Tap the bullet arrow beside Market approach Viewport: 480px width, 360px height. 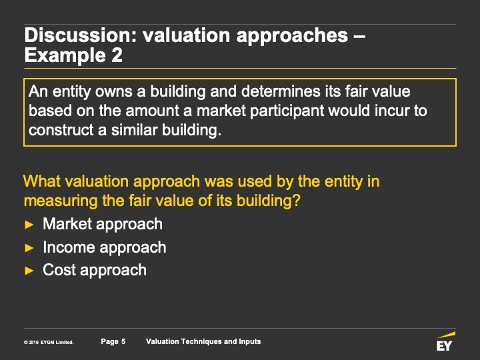[x=29, y=225]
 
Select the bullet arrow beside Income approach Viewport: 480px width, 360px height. [x=29, y=247]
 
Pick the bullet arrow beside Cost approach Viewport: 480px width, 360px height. [x=29, y=271]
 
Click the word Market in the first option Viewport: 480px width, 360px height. [x=67, y=224]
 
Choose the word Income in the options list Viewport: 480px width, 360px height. [x=69, y=247]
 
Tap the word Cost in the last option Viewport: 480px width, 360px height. [x=59, y=270]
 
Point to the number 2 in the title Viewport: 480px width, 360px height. [x=117, y=55]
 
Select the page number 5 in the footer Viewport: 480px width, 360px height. [x=123, y=341]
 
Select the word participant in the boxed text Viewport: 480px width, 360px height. [x=287, y=111]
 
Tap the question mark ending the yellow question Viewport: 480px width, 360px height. [x=296, y=201]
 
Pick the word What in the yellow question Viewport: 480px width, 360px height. [x=42, y=181]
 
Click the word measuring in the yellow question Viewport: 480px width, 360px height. [x=61, y=201]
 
